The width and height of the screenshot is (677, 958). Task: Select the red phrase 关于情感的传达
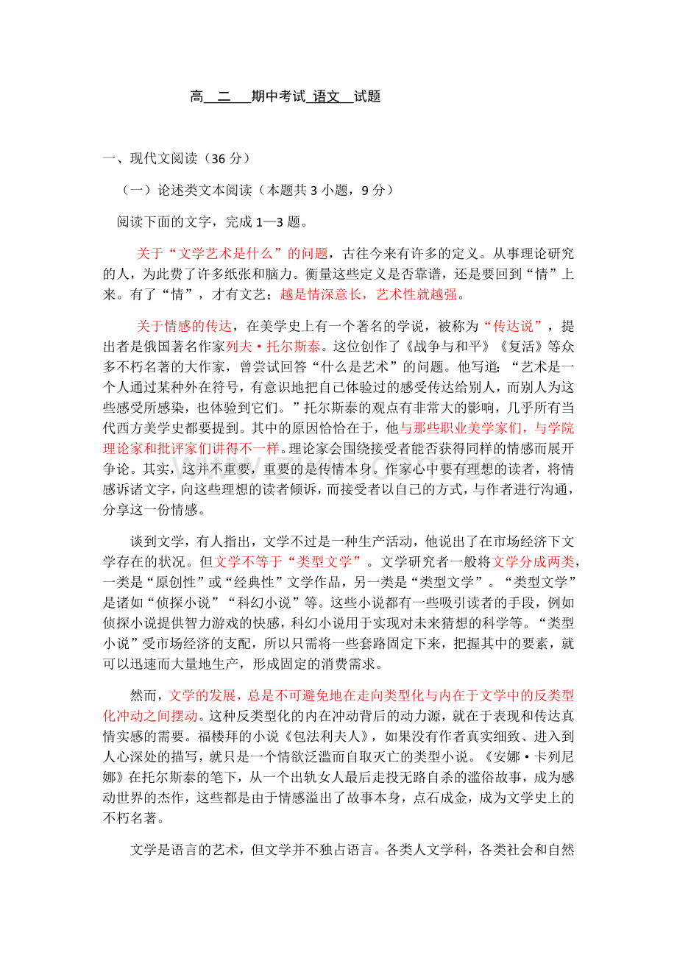tap(185, 326)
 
